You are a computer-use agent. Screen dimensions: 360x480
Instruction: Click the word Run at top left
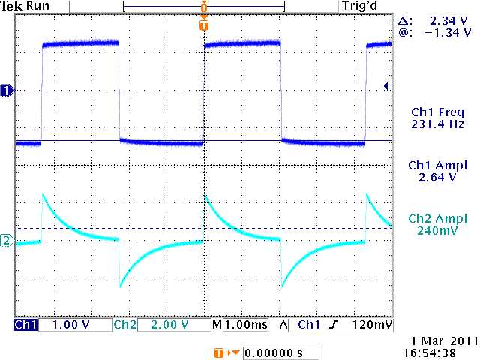tap(40, 6)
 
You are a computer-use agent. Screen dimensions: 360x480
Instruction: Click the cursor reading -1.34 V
tap(447, 33)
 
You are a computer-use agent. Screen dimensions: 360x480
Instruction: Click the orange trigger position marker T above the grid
tap(203, 25)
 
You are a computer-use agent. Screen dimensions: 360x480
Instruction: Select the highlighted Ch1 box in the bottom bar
tap(25, 325)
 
